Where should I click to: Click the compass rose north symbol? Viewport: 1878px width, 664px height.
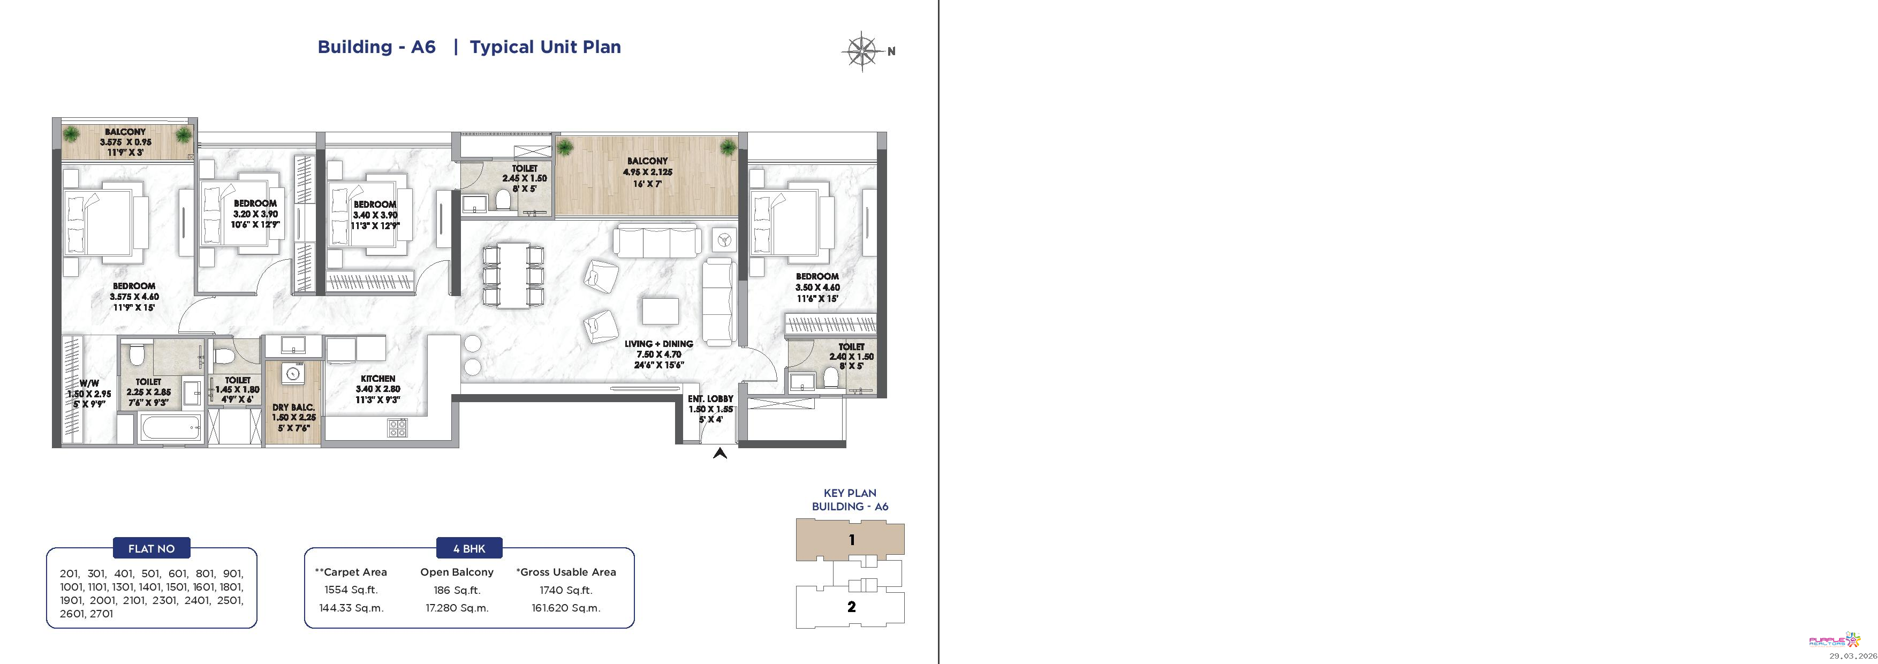[862, 51]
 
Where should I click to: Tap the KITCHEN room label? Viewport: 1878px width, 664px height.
[377, 378]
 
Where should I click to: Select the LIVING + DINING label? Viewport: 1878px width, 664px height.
[658, 343]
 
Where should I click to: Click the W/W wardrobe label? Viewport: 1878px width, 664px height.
[89, 383]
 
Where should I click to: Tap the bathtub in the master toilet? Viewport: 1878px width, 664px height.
[171, 428]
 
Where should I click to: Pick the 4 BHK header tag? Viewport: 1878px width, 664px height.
[469, 549]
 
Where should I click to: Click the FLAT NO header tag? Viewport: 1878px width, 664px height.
[151, 549]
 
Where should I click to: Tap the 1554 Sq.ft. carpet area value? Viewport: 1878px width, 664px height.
[351, 590]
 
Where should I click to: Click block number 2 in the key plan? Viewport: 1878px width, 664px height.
[851, 606]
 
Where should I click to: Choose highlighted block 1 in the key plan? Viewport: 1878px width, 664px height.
[850, 540]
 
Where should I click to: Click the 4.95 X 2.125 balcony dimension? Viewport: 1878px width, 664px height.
[647, 172]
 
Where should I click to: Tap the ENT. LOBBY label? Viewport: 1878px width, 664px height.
[710, 399]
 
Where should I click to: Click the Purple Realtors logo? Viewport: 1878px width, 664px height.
[1834, 640]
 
